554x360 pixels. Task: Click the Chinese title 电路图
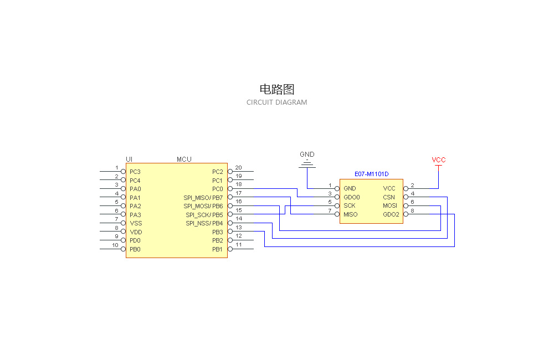click(x=276, y=89)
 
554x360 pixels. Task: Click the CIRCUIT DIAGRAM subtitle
click(x=276, y=102)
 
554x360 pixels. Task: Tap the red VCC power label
click(x=439, y=160)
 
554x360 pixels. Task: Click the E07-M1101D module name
click(x=372, y=174)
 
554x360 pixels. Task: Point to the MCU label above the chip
click(x=184, y=160)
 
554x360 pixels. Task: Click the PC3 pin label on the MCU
click(x=135, y=172)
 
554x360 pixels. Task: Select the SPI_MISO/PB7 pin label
click(x=203, y=198)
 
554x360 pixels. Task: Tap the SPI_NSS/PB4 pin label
click(x=204, y=223)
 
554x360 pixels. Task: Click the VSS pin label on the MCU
click(x=136, y=223)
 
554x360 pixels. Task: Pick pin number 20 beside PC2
click(x=239, y=167)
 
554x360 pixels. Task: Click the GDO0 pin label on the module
click(x=352, y=197)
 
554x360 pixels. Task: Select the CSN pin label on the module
click(x=389, y=197)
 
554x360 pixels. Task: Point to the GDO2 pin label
click(x=391, y=214)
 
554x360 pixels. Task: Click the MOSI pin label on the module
click(x=390, y=205)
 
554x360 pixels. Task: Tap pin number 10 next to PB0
click(x=115, y=245)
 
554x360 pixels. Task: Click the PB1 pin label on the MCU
click(x=217, y=249)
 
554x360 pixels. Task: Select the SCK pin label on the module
click(x=349, y=205)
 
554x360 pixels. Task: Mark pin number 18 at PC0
click(x=239, y=184)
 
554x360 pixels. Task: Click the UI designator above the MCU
click(x=129, y=160)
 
